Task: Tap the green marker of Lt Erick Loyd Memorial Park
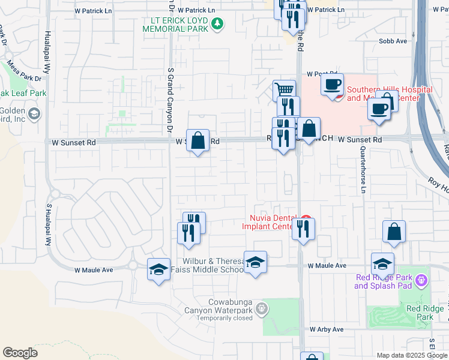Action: pyautogui.click(x=217, y=25)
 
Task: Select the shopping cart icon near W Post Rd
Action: pyautogui.click(x=285, y=91)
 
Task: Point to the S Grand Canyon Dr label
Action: pyautogui.click(x=170, y=101)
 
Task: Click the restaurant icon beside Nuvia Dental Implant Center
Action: pyautogui.click(x=303, y=228)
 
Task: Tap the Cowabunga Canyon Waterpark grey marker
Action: pyautogui.click(x=261, y=309)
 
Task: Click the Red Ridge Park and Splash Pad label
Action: pyautogui.click(x=384, y=281)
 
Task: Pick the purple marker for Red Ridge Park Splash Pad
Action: pyautogui.click(x=421, y=280)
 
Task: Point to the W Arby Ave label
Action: pyautogui.click(x=327, y=329)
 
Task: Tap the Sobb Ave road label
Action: pyautogui.click(x=393, y=41)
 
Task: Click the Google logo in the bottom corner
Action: pyautogui.click(x=20, y=352)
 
